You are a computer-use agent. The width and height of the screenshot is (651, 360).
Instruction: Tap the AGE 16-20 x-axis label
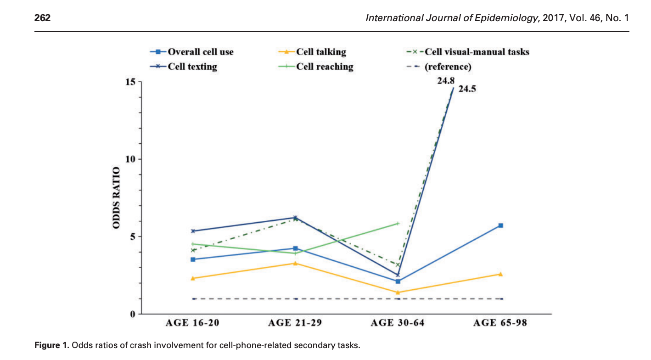192,323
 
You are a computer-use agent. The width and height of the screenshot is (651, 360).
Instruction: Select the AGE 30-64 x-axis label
398,323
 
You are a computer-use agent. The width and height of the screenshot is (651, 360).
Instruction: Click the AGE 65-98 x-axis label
500,323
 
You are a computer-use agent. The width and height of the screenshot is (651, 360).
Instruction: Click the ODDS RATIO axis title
117,198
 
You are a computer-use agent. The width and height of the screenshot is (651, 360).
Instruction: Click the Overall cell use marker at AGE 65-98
501,225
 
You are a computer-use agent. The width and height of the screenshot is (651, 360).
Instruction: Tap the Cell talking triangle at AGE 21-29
296,263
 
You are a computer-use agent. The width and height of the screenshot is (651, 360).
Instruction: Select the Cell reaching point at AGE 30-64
398,224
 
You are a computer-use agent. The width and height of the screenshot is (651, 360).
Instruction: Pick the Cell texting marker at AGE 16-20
193,231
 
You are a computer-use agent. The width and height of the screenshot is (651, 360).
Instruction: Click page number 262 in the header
42,18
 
